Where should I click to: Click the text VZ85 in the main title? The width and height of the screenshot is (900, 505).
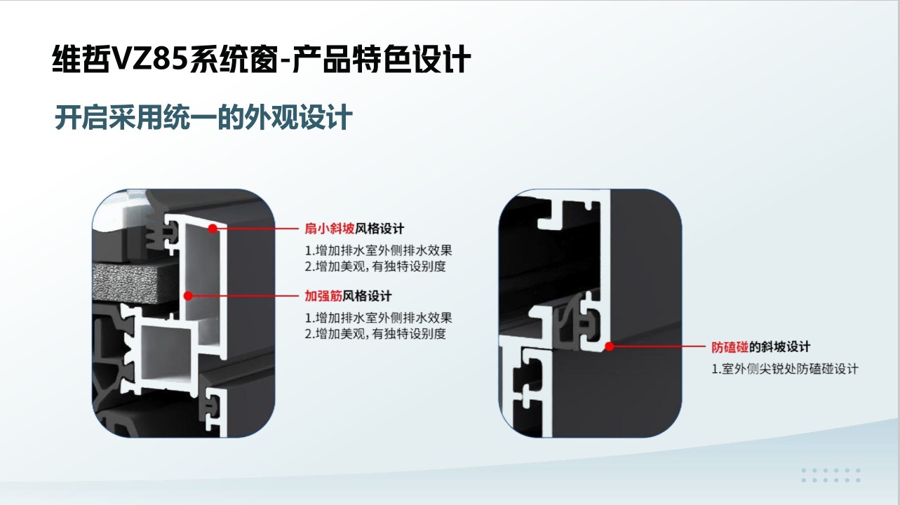tap(149, 59)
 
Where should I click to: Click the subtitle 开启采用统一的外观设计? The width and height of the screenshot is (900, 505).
tap(203, 117)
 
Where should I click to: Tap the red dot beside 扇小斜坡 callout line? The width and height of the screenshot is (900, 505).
tap(213, 229)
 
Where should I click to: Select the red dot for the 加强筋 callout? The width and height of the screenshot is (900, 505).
tap(188, 296)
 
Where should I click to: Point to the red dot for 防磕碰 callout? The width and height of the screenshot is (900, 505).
tap(609, 346)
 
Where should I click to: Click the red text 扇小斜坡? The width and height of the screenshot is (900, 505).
tap(330, 229)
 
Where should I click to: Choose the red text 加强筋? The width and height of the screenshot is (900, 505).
tap(323, 296)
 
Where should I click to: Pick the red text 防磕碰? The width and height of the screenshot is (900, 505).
tap(730, 346)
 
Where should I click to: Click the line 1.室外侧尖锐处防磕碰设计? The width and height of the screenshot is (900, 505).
tap(785, 369)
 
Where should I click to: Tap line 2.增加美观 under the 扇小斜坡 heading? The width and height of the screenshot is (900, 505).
tap(375, 267)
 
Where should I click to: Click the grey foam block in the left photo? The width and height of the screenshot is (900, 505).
tap(135, 282)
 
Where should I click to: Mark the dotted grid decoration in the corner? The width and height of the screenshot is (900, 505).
tap(831, 476)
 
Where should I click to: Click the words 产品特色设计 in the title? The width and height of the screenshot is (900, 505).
tap(382, 59)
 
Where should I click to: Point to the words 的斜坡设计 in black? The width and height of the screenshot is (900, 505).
tap(780, 346)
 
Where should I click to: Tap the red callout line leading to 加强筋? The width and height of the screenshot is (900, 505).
tap(246, 296)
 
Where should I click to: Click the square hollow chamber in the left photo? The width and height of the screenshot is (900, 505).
tap(167, 353)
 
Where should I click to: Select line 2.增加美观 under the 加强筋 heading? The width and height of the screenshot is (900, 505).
tap(375, 333)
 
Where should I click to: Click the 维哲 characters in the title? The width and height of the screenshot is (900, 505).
tap(81, 59)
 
